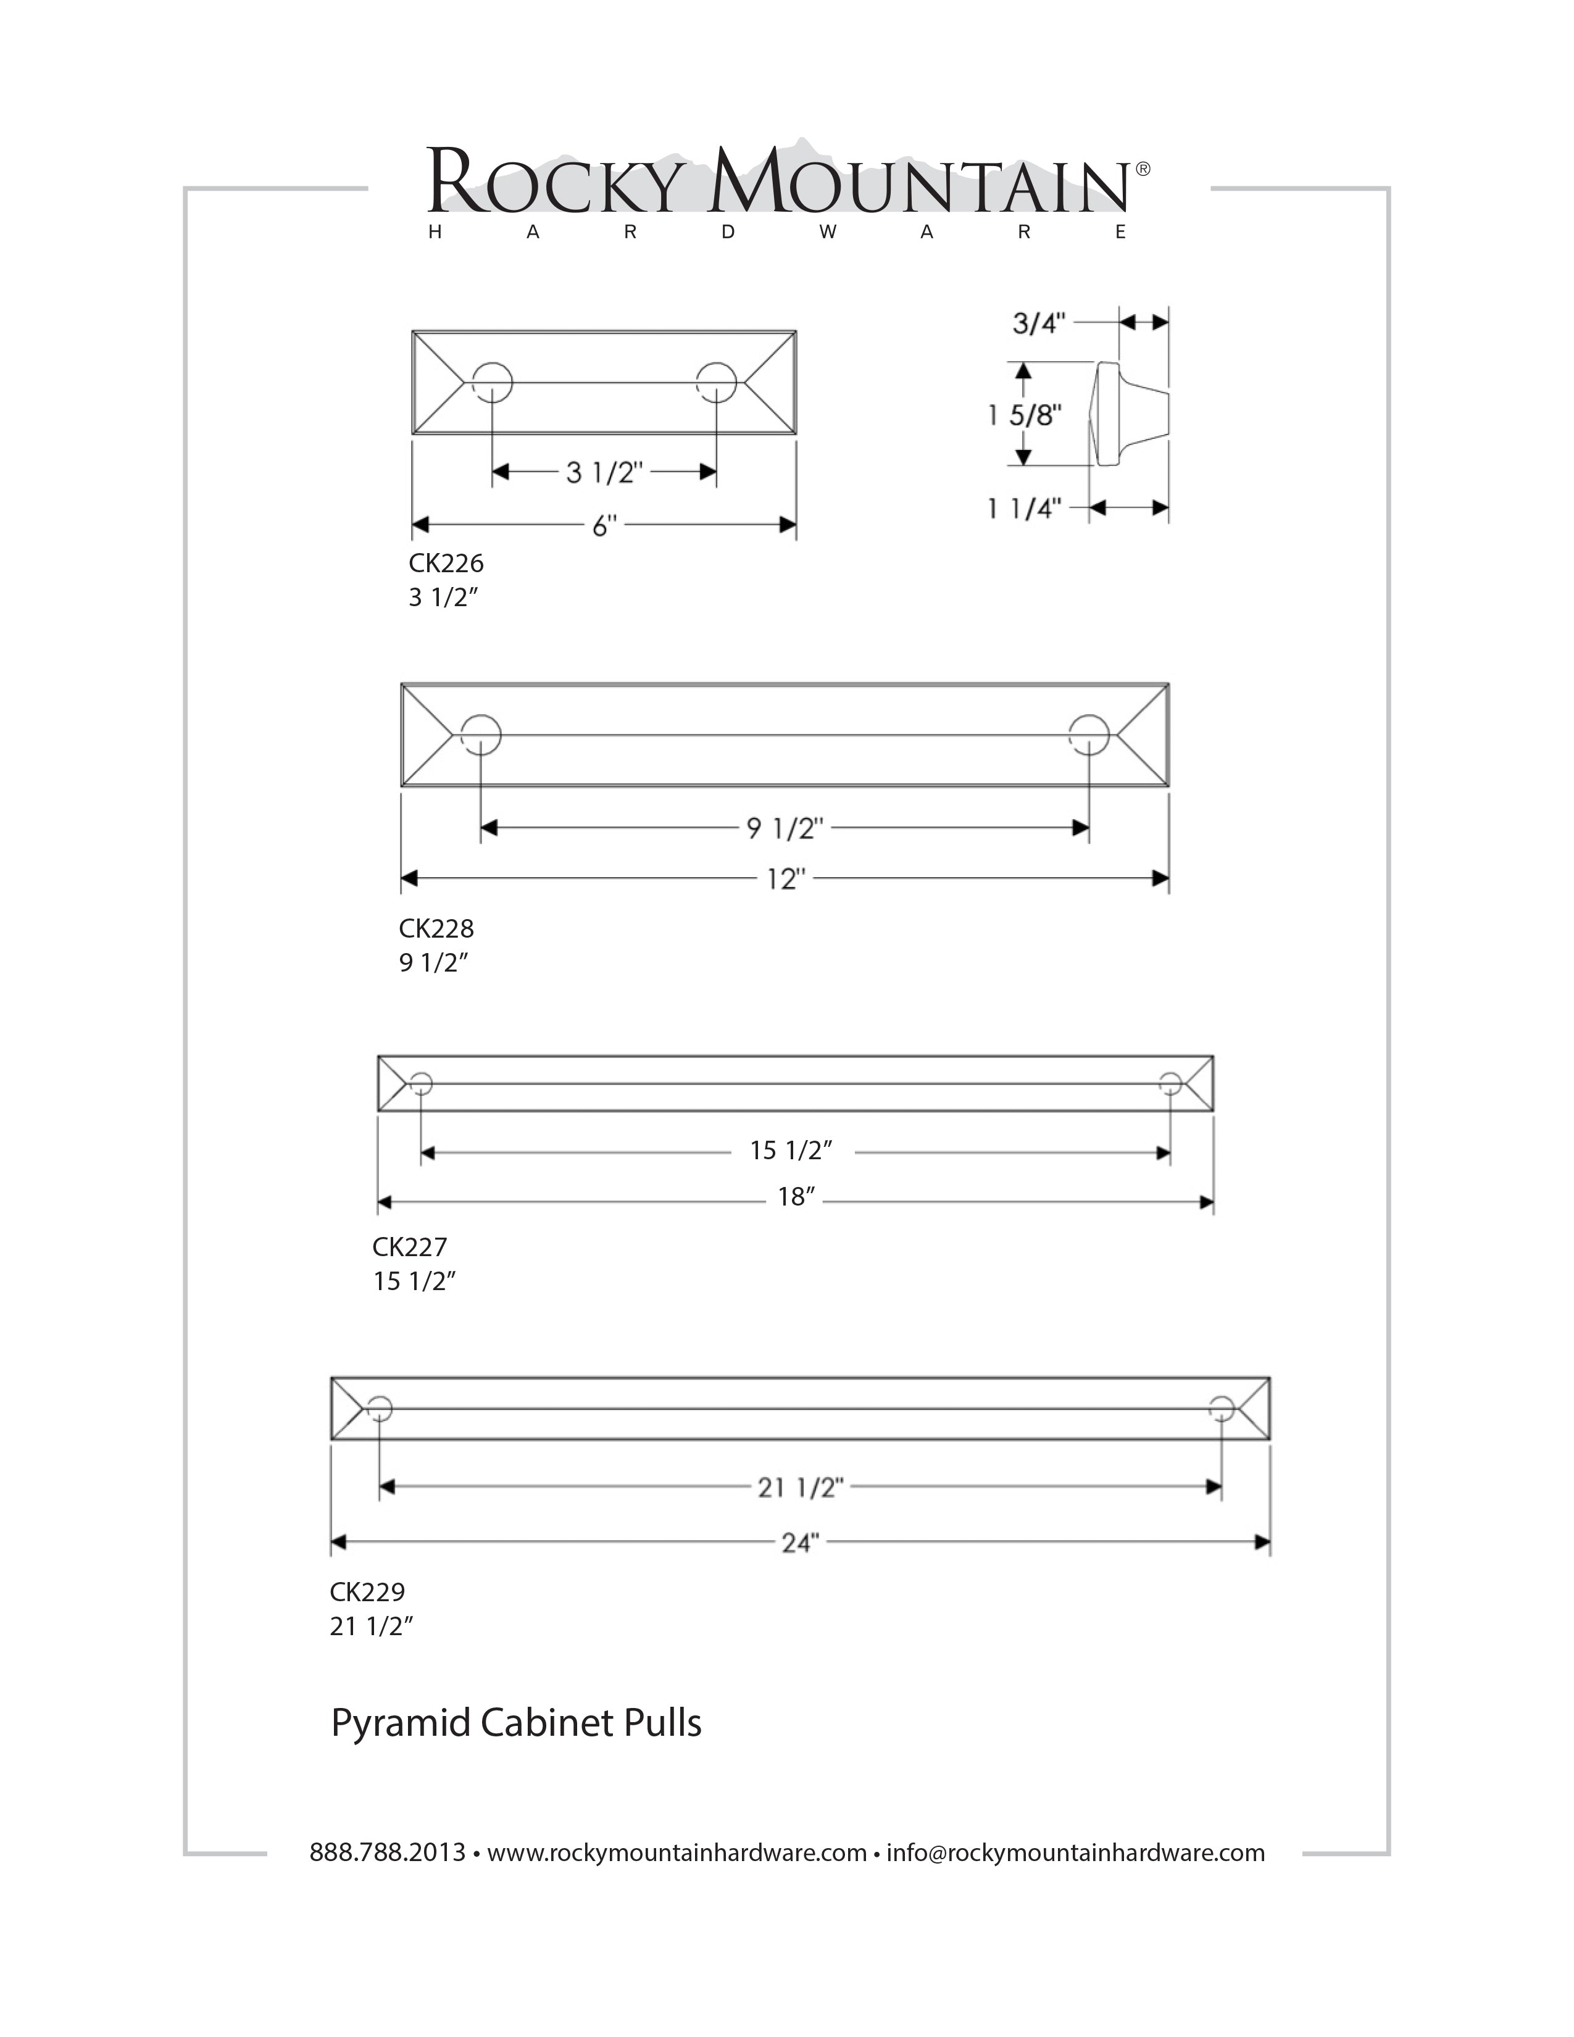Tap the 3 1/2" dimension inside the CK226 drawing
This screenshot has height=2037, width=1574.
[x=604, y=473]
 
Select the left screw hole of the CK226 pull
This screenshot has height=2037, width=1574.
[x=493, y=383]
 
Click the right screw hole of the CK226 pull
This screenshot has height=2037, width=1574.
[x=716, y=383]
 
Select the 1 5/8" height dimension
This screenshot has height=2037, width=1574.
[x=1026, y=415]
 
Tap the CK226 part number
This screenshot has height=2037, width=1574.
[x=446, y=564]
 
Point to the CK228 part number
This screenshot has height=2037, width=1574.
[x=436, y=929]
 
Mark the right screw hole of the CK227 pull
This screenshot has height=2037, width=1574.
[x=1170, y=1083]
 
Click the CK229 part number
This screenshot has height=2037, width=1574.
[x=367, y=1591]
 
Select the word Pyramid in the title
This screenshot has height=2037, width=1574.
[x=400, y=1723]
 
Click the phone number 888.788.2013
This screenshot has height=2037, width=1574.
[x=387, y=1852]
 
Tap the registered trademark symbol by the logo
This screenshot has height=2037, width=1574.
[x=1143, y=169]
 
